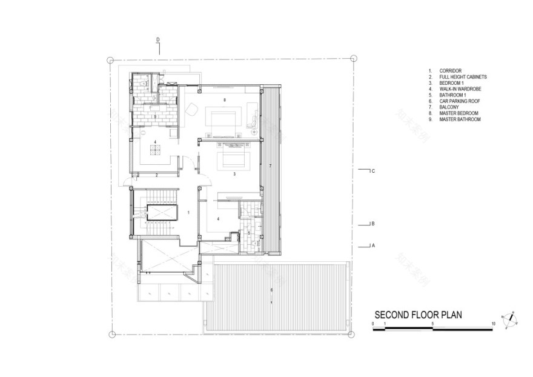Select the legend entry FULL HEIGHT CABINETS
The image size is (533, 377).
463,78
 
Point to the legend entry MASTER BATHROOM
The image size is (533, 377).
460,119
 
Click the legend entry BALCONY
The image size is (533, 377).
449,107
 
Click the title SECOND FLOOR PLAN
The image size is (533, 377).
418,315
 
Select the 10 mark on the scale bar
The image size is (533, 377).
494,324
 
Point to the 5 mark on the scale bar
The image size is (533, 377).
433,324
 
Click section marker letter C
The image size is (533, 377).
374,171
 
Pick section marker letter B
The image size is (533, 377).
374,224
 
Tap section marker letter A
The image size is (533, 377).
374,245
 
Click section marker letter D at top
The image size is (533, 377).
158,40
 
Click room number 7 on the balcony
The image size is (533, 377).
270,165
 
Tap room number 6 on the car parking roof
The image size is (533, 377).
271,290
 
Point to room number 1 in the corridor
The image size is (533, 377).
188,212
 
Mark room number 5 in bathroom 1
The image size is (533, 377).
248,233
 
